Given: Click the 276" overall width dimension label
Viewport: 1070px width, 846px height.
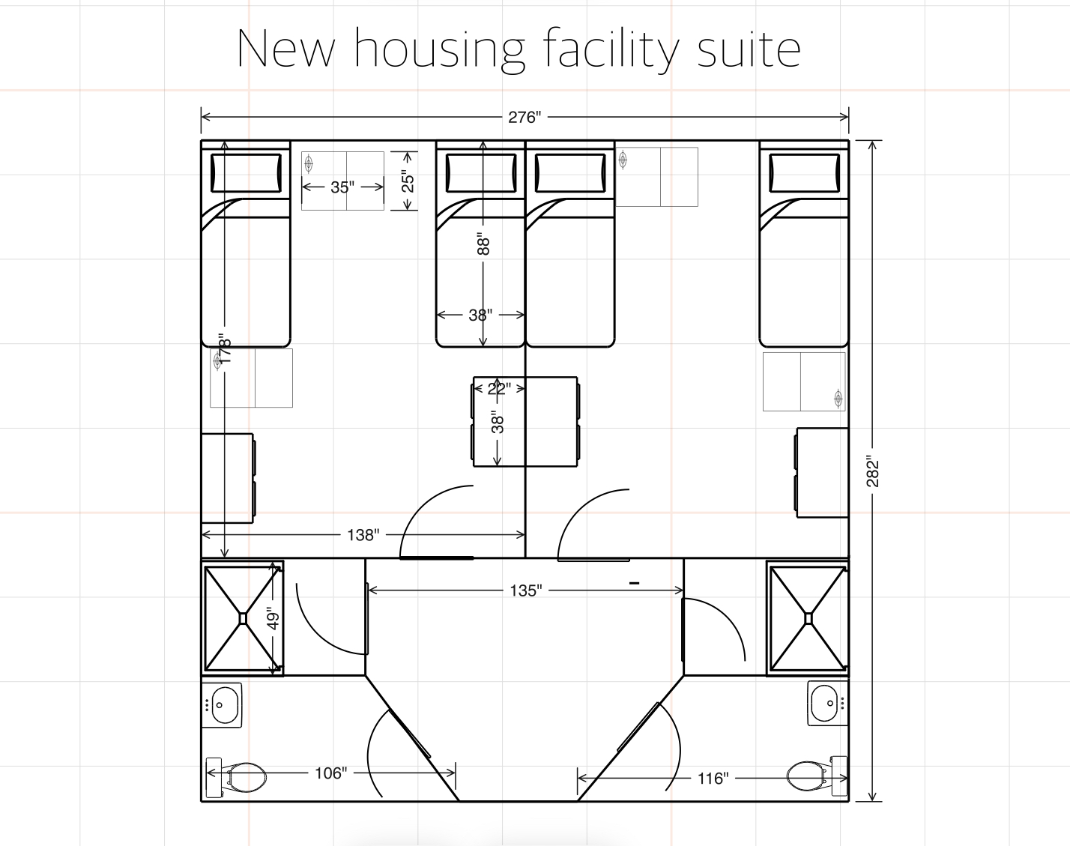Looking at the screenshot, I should [525, 117].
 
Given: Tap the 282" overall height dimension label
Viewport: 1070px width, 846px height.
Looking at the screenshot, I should [873, 471].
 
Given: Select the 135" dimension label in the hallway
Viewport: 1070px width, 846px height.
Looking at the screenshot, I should [525, 590].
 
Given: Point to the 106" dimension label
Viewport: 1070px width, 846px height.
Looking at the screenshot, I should [330, 773].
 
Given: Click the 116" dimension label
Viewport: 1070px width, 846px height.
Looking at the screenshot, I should [713, 779].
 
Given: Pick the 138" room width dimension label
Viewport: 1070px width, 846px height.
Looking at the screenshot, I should [363, 535].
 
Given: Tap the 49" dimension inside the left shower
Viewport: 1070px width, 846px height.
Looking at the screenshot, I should [273, 619].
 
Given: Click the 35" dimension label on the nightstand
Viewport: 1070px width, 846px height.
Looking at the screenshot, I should [342, 187].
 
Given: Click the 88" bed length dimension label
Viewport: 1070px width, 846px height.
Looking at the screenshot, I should [484, 245].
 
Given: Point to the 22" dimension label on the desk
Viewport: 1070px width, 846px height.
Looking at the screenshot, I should [498, 388].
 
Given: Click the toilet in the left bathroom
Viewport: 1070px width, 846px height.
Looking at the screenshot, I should [238, 777].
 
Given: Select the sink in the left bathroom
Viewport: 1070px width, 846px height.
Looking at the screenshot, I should [223, 705].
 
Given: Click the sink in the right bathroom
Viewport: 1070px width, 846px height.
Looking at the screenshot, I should [826, 703].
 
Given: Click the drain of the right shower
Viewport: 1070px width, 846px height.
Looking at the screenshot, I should [808, 618].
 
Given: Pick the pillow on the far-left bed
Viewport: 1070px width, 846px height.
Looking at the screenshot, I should [246, 173].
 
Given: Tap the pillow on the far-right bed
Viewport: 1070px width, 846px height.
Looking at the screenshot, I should [803, 173].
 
